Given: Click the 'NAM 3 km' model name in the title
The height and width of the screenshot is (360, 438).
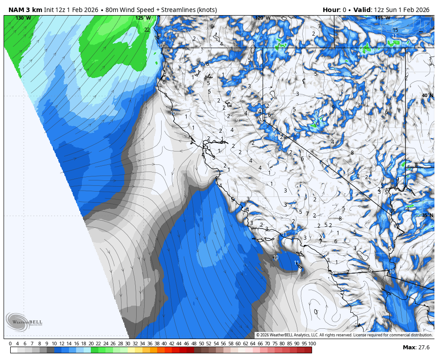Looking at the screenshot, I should (25, 10).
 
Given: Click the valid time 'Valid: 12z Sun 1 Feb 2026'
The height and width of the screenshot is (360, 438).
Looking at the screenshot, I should (391, 10).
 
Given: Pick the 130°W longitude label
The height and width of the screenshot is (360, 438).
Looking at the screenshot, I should (23, 18).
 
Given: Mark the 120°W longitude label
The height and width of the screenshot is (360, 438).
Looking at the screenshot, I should (263, 18).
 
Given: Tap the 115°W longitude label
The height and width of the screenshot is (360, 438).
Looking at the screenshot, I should (382, 18).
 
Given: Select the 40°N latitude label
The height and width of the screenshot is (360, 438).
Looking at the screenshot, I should (428, 95).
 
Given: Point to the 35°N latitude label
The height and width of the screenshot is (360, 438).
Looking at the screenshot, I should (428, 215).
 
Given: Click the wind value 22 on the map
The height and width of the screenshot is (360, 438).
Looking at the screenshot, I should (147, 30).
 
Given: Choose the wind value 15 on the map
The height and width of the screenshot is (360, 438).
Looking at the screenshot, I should (395, 30).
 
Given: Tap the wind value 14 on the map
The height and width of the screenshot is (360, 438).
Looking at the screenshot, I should (157, 38).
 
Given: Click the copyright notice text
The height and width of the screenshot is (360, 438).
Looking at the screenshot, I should (344, 335).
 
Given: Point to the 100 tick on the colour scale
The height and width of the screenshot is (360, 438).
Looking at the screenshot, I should (312, 344).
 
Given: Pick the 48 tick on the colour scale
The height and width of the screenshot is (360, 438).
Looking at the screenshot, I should (194, 344).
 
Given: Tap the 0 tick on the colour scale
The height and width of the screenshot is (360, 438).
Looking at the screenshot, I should (10, 344).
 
